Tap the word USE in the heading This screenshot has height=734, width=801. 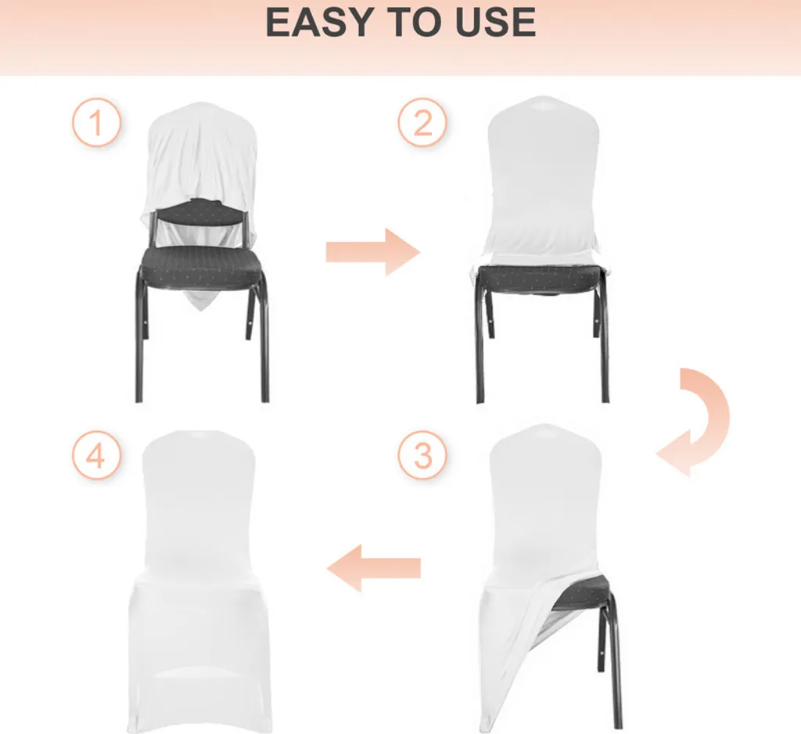(x=495, y=23)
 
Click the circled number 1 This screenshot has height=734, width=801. (x=96, y=123)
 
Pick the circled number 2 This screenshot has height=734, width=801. (x=422, y=123)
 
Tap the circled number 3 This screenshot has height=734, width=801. (x=422, y=455)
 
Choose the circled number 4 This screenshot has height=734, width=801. (x=96, y=455)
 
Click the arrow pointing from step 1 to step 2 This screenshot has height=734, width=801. (x=373, y=252)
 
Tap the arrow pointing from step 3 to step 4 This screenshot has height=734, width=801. (x=373, y=568)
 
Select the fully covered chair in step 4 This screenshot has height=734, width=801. (x=199, y=580)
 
